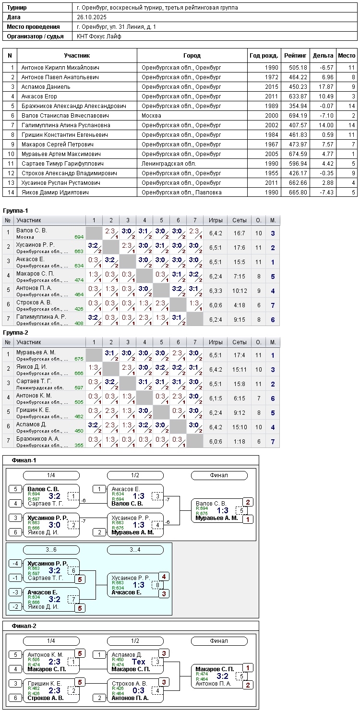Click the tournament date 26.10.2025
(92, 17)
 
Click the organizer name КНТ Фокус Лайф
(99, 36)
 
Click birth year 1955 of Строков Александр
(271, 173)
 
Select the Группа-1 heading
(15, 211)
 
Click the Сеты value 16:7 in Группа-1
(240, 233)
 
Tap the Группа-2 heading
(15, 332)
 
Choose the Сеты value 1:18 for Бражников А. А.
(240, 441)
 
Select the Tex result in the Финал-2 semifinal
(138, 662)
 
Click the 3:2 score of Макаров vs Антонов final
(223, 676)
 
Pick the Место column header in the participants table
(347, 56)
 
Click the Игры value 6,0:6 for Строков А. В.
(216, 305)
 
